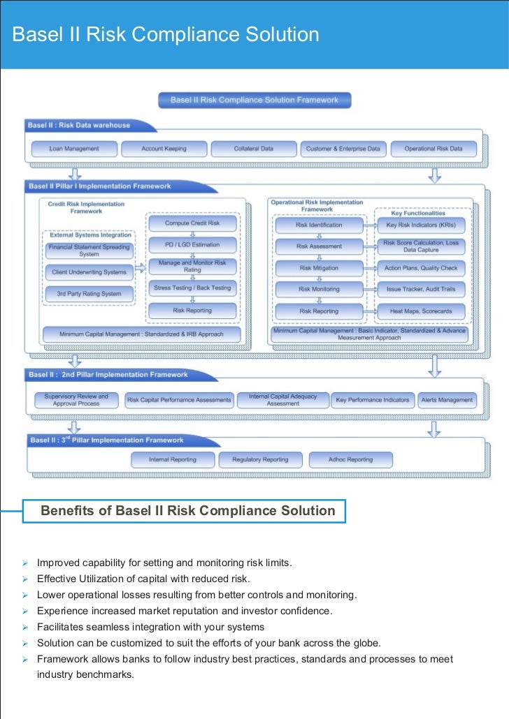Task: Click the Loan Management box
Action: point(74,149)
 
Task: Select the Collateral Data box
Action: point(253,149)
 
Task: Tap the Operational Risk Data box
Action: point(433,149)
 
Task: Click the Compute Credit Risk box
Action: point(192,223)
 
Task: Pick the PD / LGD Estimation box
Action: point(192,245)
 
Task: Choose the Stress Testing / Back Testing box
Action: point(192,288)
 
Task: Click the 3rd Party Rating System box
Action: point(89,294)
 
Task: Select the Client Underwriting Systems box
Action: point(89,272)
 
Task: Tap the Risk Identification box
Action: point(319,225)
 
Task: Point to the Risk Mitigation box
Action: point(319,268)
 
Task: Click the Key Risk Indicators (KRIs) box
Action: point(421,225)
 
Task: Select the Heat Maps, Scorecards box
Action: point(421,311)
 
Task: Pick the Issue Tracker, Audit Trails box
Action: point(421,289)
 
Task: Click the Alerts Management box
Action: point(447,400)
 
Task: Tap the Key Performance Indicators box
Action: point(373,400)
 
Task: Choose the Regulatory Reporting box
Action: point(260,460)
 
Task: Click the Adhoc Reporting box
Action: point(350,460)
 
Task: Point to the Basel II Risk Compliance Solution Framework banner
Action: point(254,101)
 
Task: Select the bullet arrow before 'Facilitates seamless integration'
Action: point(24,627)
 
